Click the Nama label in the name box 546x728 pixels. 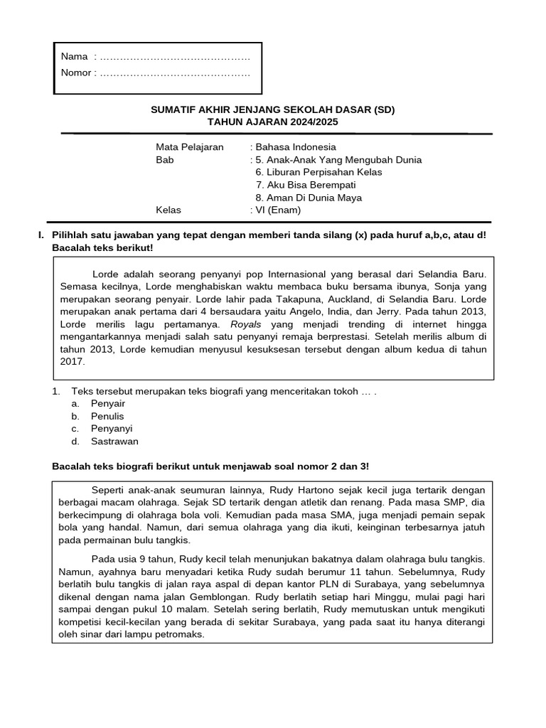coord(74,56)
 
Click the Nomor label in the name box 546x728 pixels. coord(76,73)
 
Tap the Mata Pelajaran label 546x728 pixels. coord(190,147)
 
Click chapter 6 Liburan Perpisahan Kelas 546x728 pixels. coord(318,172)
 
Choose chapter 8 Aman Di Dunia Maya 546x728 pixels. coord(309,198)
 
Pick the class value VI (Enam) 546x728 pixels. coord(278,210)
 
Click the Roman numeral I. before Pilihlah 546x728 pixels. coord(42,235)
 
